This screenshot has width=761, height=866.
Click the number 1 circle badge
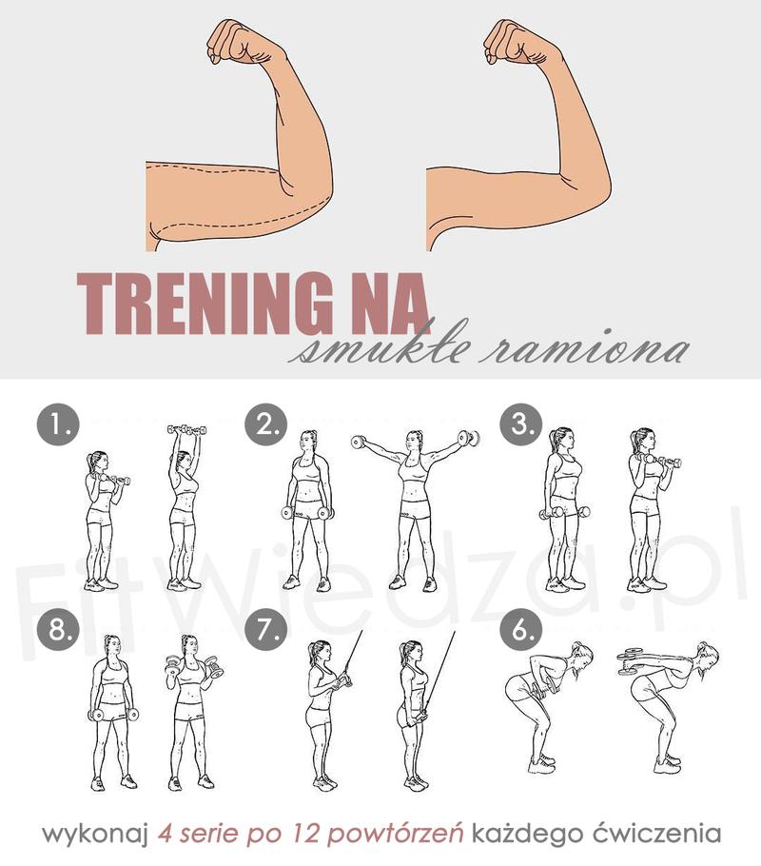58,425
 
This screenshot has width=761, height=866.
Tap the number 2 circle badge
266,424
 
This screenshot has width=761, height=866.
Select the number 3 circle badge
521,424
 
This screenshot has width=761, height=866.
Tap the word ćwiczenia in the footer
656,833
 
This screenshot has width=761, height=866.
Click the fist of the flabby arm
234,42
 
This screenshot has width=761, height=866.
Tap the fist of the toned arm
510,42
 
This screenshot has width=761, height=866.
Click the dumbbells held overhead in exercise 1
186,430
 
